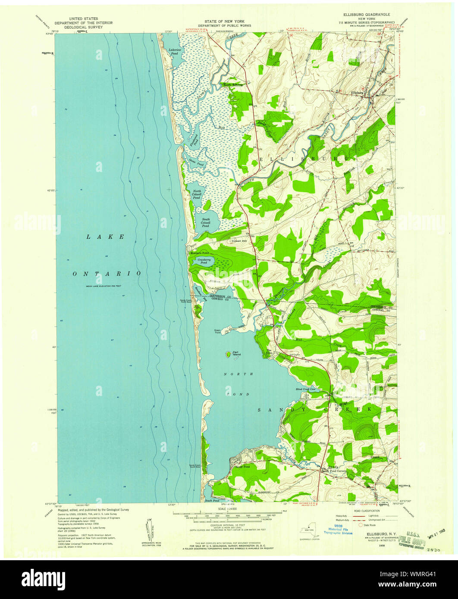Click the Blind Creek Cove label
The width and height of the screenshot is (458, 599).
pos(306,389)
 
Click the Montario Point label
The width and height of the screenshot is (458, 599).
pos(199,253)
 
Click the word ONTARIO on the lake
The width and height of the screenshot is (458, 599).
pos(107,274)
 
